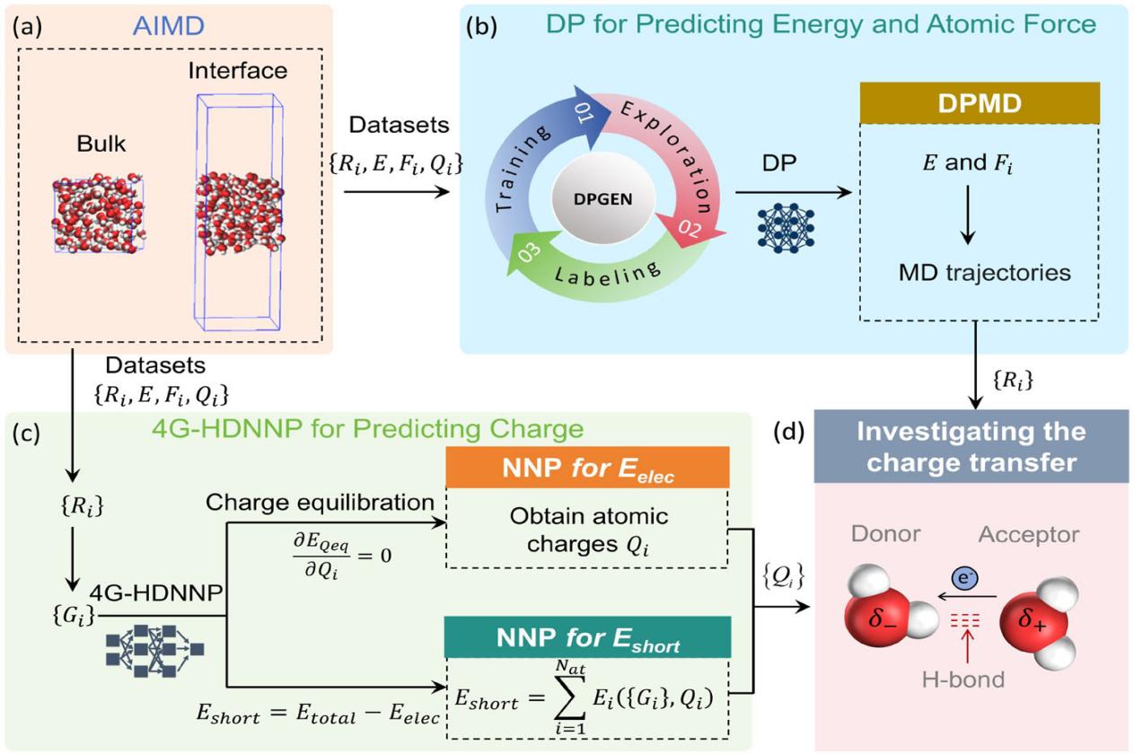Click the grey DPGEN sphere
tap(603, 199)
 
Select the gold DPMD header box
tap(980, 103)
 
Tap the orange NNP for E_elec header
tap(588, 468)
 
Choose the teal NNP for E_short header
tap(588, 637)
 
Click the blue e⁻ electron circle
tap(964, 578)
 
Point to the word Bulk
tap(101, 144)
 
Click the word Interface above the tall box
tap(237, 70)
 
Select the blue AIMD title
tap(169, 26)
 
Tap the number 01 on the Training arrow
tap(585, 112)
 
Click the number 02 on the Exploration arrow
tap(690, 228)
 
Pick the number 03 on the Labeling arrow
tap(530, 252)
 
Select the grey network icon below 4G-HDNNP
tap(155, 650)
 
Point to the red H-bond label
tap(963, 679)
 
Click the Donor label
tap(885, 534)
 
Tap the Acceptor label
tap(1029, 534)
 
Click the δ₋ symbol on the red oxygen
tap(882, 618)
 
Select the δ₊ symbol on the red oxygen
tap(1033, 618)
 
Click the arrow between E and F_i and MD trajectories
tap(967, 215)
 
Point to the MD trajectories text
tap(985, 272)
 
